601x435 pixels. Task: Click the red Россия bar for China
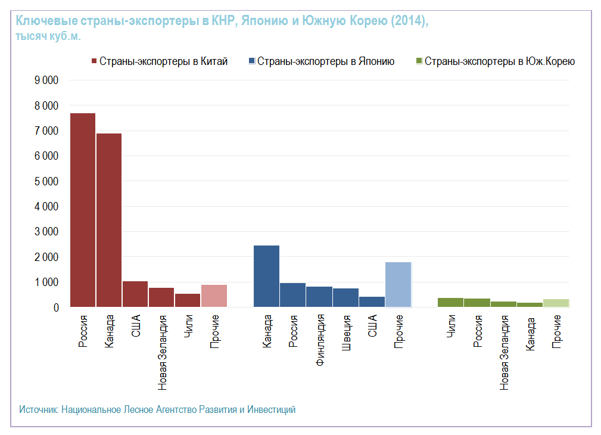[x=83, y=210]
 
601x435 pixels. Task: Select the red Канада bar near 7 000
[x=109, y=220]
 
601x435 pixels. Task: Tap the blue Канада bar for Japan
[x=266, y=276]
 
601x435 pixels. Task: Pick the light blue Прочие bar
[x=398, y=284]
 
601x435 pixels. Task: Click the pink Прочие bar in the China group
[x=214, y=296]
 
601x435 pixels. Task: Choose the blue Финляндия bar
[x=319, y=297]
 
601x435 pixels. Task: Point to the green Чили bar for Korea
[x=450, y=302]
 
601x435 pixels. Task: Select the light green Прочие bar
[x=556, y=303]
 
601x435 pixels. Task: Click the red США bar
[x=135, y=294]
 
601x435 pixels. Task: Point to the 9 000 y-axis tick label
[x=47, y=80]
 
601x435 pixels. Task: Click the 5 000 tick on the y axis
[x=47, y=181]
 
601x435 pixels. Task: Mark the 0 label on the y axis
[x=57, y=307]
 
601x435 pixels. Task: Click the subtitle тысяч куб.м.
[x=48, y=36]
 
